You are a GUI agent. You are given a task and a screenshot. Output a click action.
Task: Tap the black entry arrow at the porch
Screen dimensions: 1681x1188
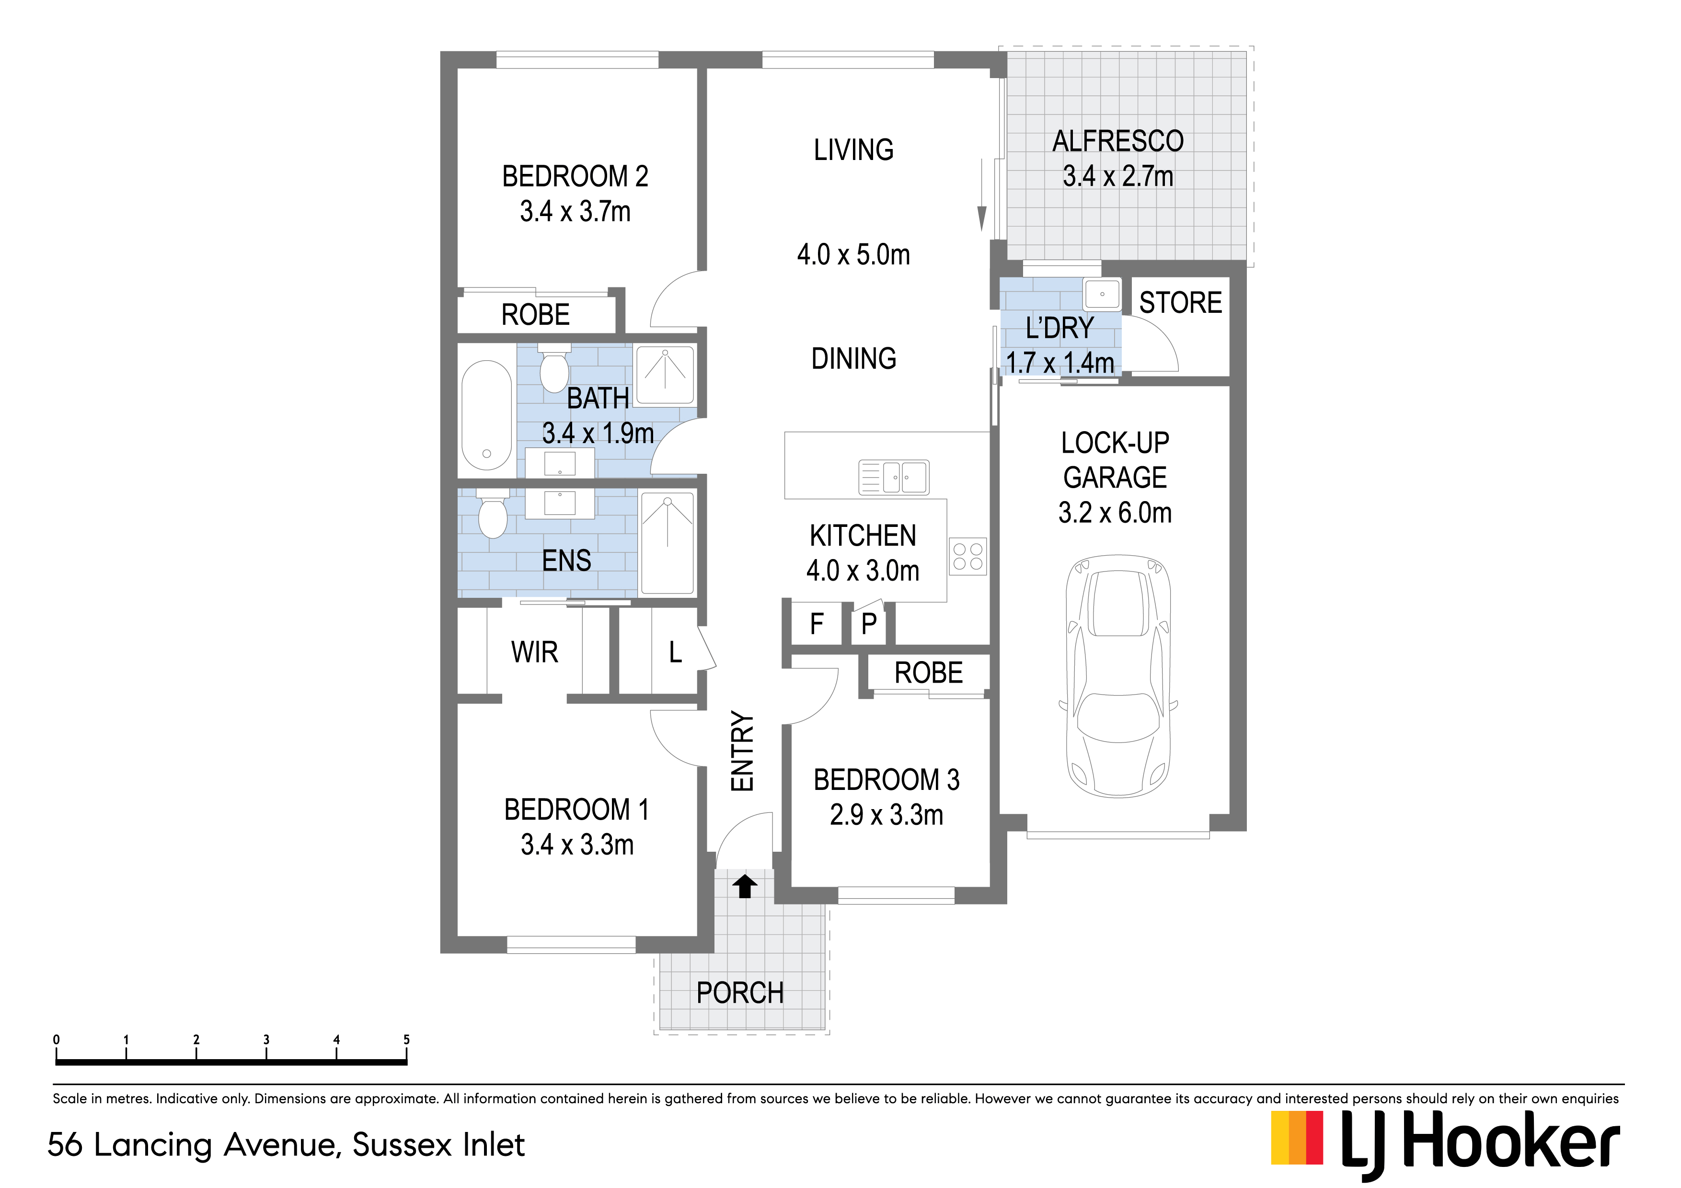coord(745,886)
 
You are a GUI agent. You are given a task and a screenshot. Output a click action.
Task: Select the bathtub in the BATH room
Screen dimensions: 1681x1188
coord(487,414)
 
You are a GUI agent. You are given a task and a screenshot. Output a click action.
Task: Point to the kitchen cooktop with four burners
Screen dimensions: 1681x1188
coord(968,556)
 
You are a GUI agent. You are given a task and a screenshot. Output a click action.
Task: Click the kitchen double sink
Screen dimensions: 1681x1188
coord(894,477)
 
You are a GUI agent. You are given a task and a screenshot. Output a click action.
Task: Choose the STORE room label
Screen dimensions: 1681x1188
coord(1180,302)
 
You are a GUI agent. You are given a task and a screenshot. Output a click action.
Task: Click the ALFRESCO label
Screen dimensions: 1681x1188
coord(1118,140)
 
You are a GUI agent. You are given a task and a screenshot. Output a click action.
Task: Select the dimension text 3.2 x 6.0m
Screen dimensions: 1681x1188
coord(1115,513)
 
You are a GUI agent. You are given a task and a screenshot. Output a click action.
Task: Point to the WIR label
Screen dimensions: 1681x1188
coord(534,651)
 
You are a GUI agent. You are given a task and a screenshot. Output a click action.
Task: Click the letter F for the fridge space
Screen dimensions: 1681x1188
coord(817,624)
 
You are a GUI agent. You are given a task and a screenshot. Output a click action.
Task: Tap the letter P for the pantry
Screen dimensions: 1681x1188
coord(869,624)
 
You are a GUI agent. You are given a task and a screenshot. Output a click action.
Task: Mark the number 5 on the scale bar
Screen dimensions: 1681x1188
coord(406,1039)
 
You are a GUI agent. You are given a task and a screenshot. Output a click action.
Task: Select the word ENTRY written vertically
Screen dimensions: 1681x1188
coord(742,751)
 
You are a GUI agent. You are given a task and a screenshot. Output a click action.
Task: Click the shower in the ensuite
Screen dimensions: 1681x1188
coord(668,542)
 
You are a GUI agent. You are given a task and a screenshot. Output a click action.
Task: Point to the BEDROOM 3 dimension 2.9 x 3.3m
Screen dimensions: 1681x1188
coord(887,815)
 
